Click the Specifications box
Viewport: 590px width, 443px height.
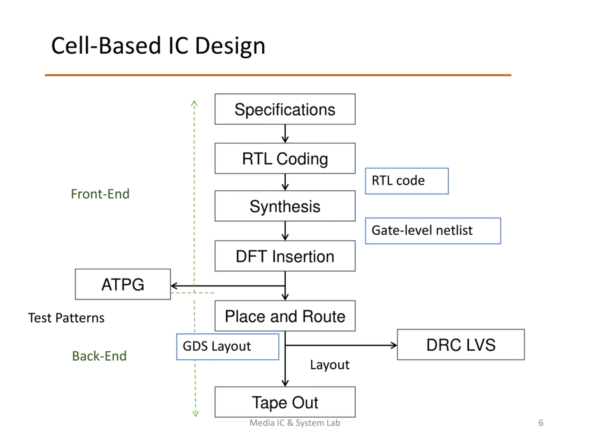tap(285, 109)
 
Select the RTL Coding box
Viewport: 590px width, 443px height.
tap(285, 158)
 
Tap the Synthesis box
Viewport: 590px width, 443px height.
tap(285, 206)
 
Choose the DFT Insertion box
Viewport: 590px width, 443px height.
tap(285, 256)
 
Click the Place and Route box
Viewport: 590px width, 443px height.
tap(285, 316)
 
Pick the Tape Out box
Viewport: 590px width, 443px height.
tap(285, 402)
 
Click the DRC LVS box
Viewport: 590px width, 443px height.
tap(461, 344)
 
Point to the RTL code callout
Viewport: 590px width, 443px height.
tap(407, 181)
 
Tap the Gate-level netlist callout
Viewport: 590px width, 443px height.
tap(433, 231)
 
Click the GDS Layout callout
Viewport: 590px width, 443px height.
tap(227, 347)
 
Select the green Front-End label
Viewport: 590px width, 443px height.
tap(100, 194)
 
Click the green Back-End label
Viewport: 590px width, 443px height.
tap(99, 356)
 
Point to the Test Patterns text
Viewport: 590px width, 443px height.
tap(66, 318)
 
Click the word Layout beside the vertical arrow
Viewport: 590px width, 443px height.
tap(329, 365)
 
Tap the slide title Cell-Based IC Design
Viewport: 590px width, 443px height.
tap(158, 46)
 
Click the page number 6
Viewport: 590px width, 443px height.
tap(541, 423)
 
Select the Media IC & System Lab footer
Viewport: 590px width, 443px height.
tap(295, 423)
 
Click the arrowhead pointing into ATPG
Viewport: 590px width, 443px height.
tap(173, 286)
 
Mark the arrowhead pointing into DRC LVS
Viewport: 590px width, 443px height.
tap(394, 345)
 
